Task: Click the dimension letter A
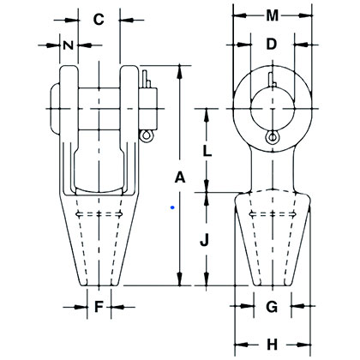coord(179,177)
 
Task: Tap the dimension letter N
coord(66,44)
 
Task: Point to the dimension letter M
coord(272,15)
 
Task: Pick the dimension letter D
coord(271,43)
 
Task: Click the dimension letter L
coord(206,151)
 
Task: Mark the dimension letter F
coord(99,305)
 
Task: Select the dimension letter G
coord(271,306)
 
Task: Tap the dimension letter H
coord(271,344)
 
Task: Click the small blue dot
coord(172,207)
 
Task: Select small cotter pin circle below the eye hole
coord(272,139)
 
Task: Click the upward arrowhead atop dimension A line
coord(179,68)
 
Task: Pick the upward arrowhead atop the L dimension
coord(206,111)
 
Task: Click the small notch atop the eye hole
coord(271,81)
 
